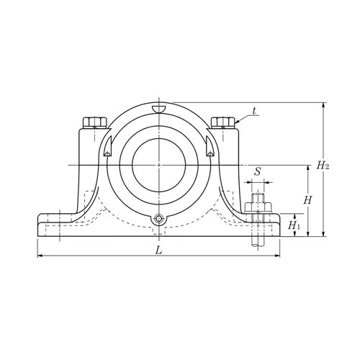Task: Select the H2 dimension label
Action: pyautogui.click(x=323, y=166)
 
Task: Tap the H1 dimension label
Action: pyautogui.click(x=294, y=225)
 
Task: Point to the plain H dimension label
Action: pyautogui.click(x=307, y=199)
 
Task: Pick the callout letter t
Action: pyautogui.click(x=255, y=112)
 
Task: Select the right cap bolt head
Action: pyautogui.click(x=221, y=122)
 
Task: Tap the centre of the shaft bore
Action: pyautogui.click(x=157, y=165)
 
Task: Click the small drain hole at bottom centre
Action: pyautogui.click(x=157, y=220)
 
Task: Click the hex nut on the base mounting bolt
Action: pyautogui.click(x=258, y=207)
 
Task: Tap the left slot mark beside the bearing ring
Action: pyautogui.click(x=106, y=149)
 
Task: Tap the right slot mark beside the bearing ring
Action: pyautogui.click(x=209, y=149)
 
